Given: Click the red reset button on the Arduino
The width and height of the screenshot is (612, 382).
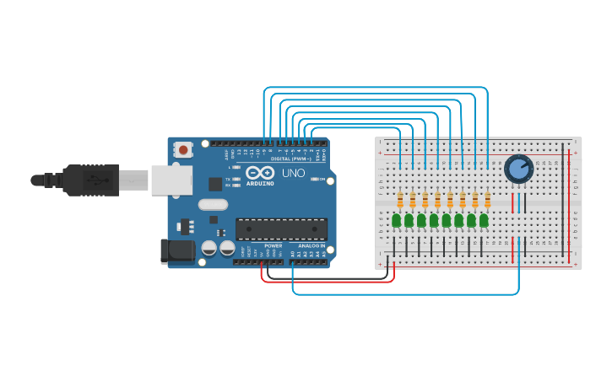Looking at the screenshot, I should coord(183,150).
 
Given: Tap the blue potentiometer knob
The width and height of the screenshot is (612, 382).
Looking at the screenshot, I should coord(518,169).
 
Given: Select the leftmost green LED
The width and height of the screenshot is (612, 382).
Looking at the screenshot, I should coord(396,220).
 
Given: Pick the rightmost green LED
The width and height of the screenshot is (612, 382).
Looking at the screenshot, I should coord(484,220).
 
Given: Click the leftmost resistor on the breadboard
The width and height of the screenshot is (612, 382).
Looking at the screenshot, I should coord(400,200).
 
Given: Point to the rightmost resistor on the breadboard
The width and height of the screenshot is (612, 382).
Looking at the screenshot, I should coord(487,200).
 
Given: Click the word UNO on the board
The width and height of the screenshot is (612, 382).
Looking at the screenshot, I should coord(293,173).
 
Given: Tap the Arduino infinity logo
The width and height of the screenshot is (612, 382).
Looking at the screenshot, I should coord(260,173).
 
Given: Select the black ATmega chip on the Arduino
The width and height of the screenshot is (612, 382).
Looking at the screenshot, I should coord(281,229).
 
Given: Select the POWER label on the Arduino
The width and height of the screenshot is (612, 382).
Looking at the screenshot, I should coord(273,245).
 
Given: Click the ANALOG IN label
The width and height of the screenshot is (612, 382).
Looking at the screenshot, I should coord(311,245).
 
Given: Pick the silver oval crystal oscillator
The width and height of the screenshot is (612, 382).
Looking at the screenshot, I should coord(214,204).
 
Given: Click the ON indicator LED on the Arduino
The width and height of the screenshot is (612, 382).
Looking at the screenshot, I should coord(317,179).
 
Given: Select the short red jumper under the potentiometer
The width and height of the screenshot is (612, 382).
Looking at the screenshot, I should coord(512,202).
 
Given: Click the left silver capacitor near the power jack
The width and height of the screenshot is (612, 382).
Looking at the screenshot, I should coord(209,249).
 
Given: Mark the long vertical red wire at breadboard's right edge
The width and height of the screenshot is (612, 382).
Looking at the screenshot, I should coord(569,202).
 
